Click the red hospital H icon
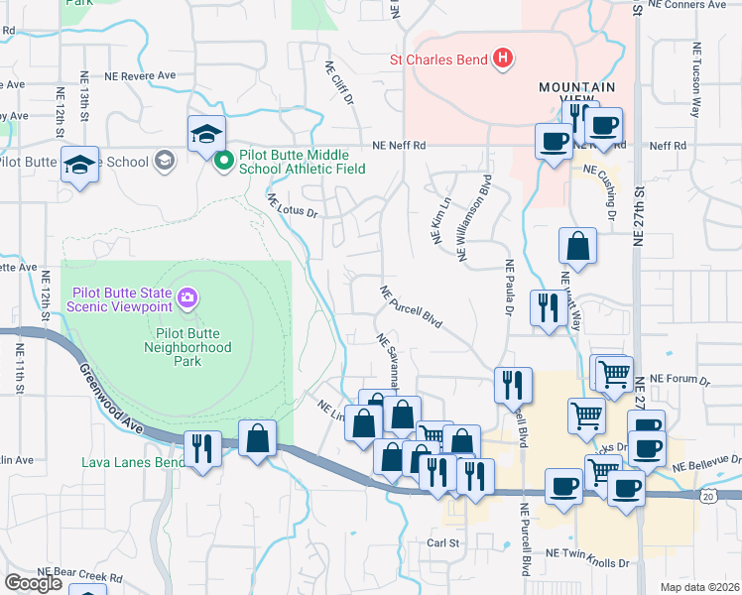pos(503,59)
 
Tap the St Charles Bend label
pos(438,59)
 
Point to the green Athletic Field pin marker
pos(224,159)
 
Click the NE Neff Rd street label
pos(399,145)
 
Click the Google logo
pos(33,583)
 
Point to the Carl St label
pos(443,542)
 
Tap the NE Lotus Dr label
pos(291,206)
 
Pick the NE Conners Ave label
pos(686,5)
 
